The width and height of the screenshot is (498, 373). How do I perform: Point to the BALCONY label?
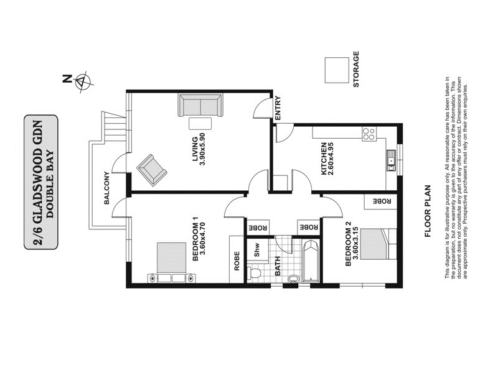(107, 189)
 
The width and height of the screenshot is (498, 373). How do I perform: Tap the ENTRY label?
(278, 109)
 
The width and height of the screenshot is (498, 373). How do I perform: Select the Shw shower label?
(256, 249)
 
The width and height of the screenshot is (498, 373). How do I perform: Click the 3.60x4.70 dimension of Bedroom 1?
(203, 245)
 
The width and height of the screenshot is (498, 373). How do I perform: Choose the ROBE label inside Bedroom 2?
(380, 201)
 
